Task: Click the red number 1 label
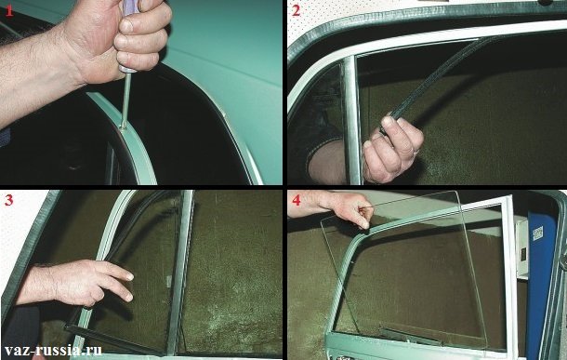click(9, 11)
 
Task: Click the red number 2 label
click(296, 11)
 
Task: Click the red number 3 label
click(8, 199)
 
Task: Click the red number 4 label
click(297, 199)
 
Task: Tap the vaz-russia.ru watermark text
click(53, 350)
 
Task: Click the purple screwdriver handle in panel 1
click(128, 36)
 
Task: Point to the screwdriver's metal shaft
click(125, 100)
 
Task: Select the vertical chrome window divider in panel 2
click(351, 119)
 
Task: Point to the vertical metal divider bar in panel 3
click(181, 272)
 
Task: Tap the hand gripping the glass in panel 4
click(347, 209)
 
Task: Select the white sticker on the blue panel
click(537, 233)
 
